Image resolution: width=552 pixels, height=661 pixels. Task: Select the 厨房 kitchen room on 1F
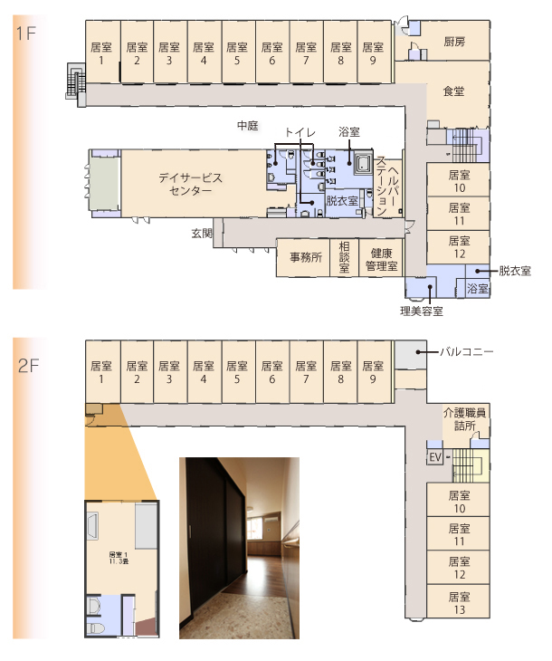[454, 43]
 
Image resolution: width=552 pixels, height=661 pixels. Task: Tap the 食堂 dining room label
[453, 91]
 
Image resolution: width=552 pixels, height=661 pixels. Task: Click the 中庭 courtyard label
[247, 125]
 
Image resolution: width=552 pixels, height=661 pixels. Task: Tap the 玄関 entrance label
[201, 233]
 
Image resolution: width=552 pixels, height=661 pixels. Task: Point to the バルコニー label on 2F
[466, 350]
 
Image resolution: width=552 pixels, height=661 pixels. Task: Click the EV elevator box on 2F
[434, 456]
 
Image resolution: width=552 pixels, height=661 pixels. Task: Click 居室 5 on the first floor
[237, 53]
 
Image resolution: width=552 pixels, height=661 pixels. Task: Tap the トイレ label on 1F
[300, 132]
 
